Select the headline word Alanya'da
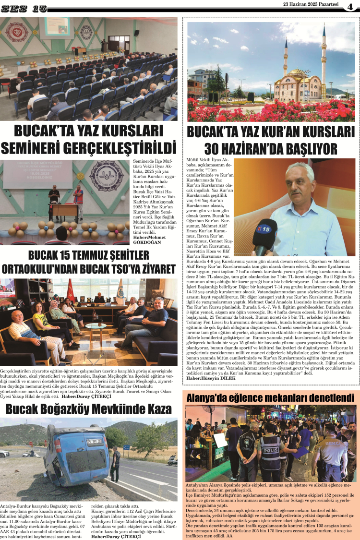(210, 398)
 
